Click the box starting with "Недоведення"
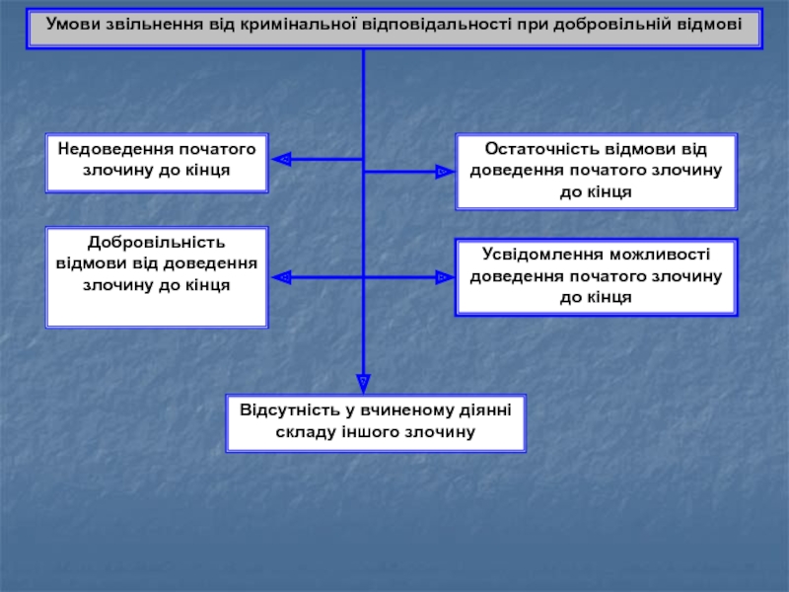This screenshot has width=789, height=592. coord(157,163)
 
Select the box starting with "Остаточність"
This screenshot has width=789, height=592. coord(596,173)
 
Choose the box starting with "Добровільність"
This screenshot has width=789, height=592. coord(157,277)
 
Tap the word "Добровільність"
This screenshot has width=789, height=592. coord(157,243)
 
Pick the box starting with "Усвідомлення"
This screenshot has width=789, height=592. coord(596,277)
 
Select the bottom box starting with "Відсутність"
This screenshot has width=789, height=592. coord(376,422)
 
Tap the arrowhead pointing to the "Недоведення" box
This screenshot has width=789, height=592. coord(280,159)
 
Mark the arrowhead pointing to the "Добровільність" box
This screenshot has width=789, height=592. coord(280,278)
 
